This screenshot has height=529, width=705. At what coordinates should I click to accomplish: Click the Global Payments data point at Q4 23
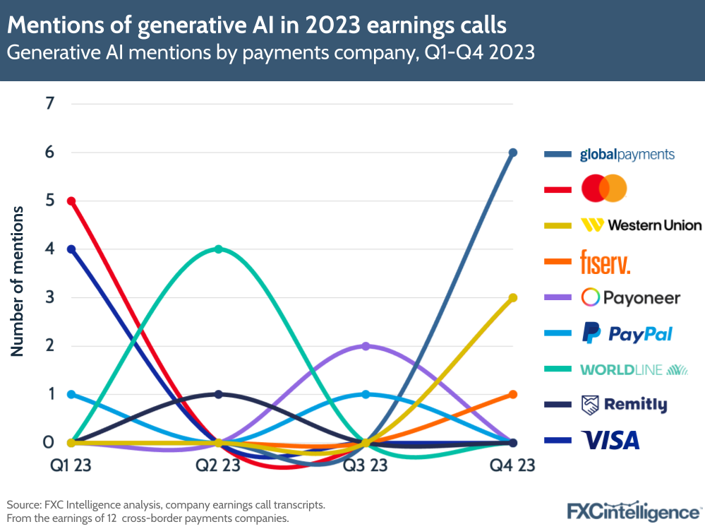513,153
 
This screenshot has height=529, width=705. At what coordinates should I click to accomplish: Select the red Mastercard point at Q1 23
71,201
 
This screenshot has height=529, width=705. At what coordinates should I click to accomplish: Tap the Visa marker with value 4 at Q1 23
71,249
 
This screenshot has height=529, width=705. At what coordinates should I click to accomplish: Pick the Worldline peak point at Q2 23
219,249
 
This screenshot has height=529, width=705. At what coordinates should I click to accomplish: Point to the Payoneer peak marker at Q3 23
366,346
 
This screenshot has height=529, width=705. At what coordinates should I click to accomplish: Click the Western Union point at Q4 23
513,297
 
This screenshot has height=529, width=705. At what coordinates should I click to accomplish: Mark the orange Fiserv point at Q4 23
513,394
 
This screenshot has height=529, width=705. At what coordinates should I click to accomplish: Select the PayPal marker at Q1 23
71,394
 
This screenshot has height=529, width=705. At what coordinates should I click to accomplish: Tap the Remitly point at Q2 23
219,394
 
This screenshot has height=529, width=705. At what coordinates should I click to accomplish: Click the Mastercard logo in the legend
603,189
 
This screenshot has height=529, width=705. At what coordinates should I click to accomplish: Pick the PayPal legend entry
626,333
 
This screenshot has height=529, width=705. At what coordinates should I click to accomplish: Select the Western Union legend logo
640,225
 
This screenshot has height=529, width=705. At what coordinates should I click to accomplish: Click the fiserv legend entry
605,261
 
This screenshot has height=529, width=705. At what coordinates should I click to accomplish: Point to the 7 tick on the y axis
49,104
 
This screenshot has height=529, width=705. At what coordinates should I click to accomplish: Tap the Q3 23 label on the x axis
366,465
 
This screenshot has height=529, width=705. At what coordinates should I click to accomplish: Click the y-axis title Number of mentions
17,281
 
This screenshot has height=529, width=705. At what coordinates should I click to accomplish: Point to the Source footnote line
166,505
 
